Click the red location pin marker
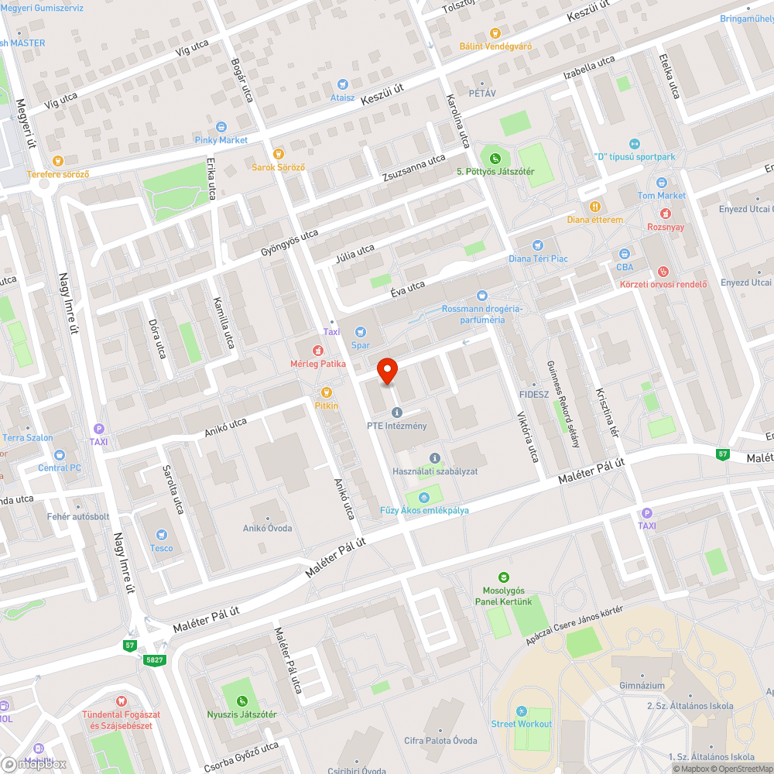[x=387, y=372]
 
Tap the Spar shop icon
[x=360, y=332]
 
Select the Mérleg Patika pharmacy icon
[x=317, y=351]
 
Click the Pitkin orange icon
[x=326, y=392]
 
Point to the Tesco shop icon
[x=162, y=535]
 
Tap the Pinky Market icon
[x=221, y=127]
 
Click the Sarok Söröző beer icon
[x=279, y=154]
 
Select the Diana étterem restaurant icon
[x=594, y=207]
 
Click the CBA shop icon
[x=625, y=254]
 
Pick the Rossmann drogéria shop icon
[x=483, y=295]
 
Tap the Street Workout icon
[x=522, y=711]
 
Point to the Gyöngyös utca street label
[x=289, y=244]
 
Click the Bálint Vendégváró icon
[x=495, y=33]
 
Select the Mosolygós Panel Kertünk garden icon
[x=504, y=577]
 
